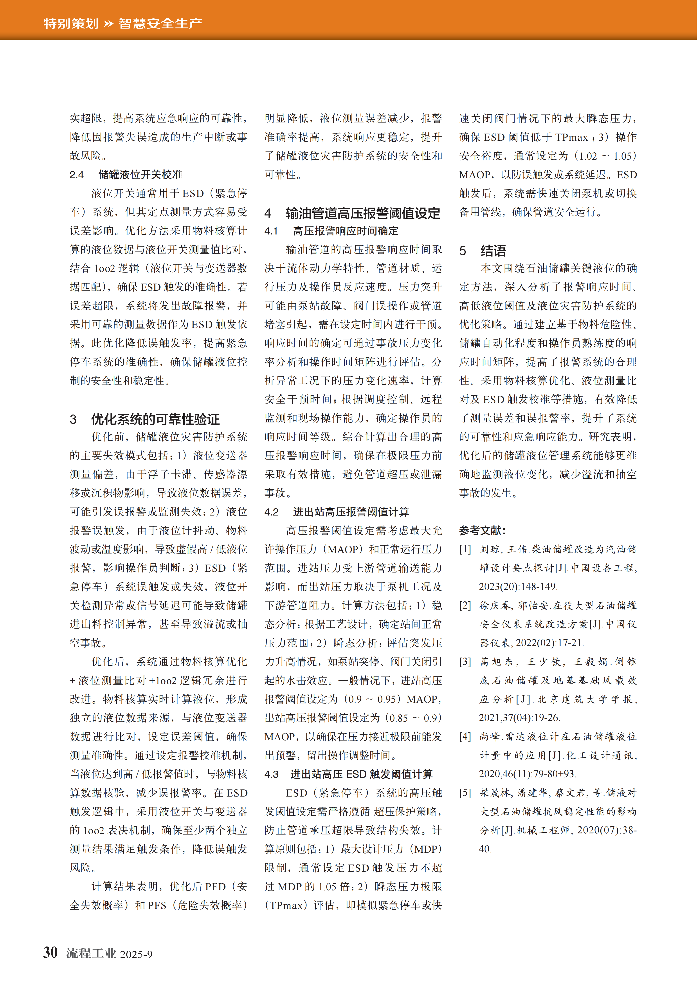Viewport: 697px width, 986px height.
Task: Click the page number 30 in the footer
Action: click(x=50, y=952)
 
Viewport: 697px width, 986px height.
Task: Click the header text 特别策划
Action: click(x=71, y=23)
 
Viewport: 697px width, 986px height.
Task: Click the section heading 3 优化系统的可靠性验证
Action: click(x=145, y=419)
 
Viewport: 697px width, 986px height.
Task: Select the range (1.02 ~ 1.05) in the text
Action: click(x=606, y=156)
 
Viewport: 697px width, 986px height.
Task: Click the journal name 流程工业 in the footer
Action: click(x=91, y=953)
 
